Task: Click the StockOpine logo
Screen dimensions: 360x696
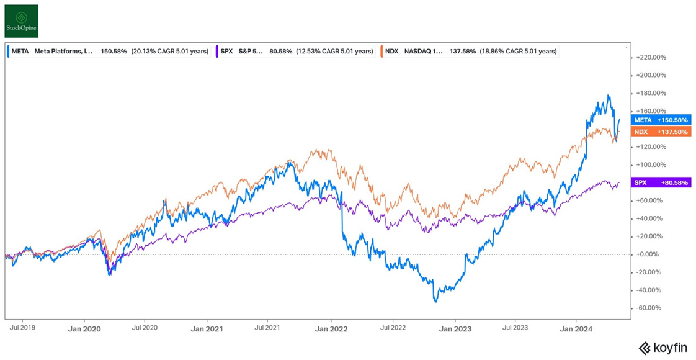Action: pyautogui.click(x=22, y=21)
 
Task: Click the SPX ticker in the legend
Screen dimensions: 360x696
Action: pyautogui.click(x=226, y=52)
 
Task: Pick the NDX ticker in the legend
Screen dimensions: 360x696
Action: pyautogui.click(x=391, y=52)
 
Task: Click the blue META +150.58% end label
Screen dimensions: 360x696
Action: pyautogui.click(x=661, y=120)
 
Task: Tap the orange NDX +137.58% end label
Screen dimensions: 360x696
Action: pyautogui.click(x=661, y=132)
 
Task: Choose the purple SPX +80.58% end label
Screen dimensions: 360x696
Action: pyautogui.click(x=661, y=183)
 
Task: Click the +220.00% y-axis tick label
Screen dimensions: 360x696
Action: pyautogui.click(x=651, y=57)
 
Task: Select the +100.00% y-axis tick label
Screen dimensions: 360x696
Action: pyautogui.click(x=651, y=165)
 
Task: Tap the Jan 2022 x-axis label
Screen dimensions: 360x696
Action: pyautogui.click(x=330, y=329)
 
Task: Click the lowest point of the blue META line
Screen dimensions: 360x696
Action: pyautogui.click(x=435, y=302)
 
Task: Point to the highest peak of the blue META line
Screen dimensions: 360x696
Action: pyautogui.click(x=609, y=96)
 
